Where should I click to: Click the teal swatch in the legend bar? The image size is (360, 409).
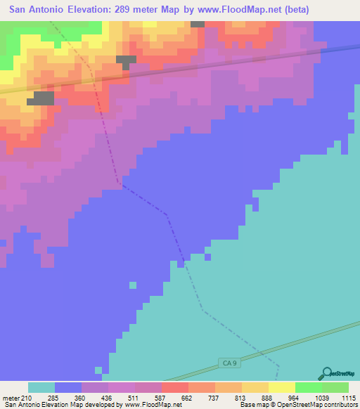[x=41, y=387]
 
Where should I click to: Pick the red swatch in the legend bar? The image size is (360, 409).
[x=174, y=387]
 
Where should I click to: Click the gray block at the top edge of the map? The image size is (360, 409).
[x=198, y=24]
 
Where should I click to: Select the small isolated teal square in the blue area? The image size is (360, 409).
[x=132, y=285]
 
